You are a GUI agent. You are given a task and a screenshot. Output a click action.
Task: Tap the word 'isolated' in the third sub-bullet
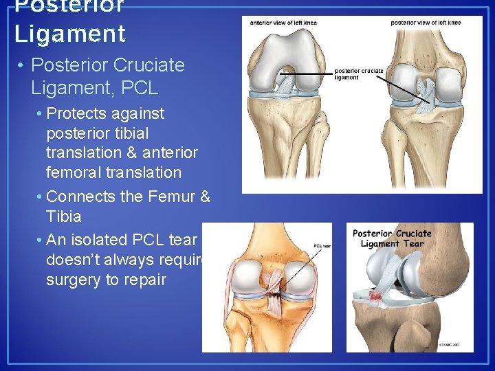click(109, 240)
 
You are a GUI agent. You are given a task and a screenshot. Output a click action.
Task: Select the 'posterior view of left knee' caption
click(426, 23)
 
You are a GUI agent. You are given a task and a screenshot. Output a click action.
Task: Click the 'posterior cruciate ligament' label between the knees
click(358, 74)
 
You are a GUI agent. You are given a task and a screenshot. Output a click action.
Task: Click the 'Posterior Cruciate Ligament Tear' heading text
click(392, 238)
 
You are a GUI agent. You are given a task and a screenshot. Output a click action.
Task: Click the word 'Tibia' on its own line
click(63, 216)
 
